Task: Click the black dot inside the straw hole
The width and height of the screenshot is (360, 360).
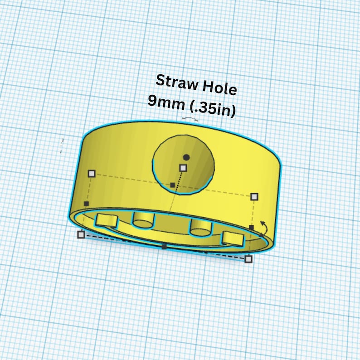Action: point(186,157)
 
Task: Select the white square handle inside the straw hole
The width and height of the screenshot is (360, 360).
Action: point(183,168)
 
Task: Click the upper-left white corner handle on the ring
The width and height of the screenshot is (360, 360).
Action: point(92,173)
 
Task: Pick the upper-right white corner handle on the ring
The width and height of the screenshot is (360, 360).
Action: point(254,196)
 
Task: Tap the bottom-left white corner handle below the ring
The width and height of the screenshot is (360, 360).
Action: point(81,234)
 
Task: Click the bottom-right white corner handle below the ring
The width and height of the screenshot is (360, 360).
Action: point(248,259)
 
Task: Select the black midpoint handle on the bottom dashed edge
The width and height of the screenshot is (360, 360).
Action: point(164,247)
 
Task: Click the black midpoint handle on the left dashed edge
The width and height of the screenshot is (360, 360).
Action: point(86,204)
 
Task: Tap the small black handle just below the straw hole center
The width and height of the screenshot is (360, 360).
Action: point(172,185)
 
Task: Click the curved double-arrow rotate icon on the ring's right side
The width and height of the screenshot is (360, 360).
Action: point(264,226)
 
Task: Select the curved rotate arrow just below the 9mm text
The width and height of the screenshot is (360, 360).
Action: point(190,119)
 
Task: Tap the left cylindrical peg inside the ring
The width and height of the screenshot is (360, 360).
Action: point(143,220)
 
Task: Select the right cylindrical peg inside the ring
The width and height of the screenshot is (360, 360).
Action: point(200,226)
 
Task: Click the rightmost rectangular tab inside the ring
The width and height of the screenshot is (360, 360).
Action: point(233,238)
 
